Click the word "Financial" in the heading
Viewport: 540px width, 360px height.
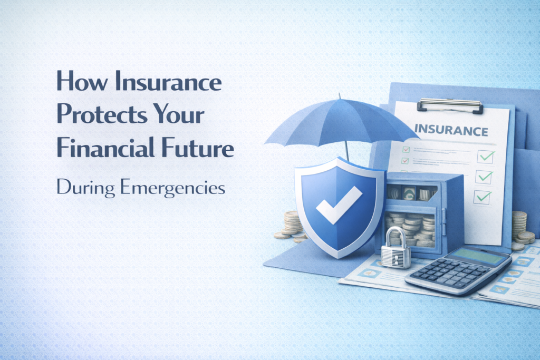(100, 149)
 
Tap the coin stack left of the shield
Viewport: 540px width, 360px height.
(291, 224)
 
